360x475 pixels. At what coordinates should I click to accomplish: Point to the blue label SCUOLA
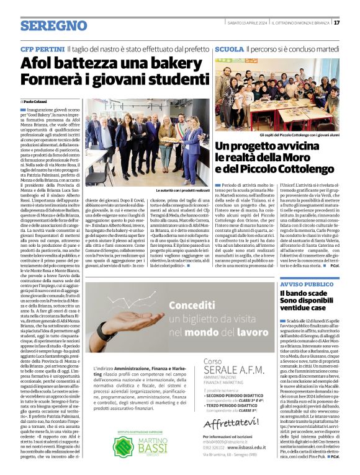coord(229,48)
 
